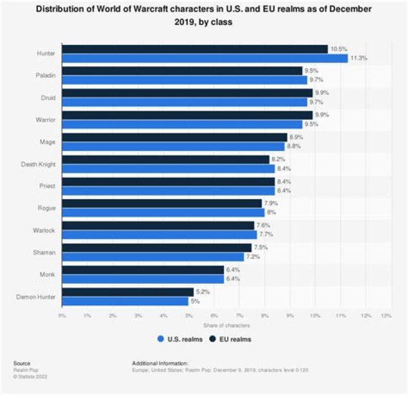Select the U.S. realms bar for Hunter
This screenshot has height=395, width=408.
(x=204, y=58)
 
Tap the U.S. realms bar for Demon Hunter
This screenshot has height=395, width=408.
(x=125, y=301)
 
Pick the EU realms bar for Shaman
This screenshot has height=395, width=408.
(x=156, y=248)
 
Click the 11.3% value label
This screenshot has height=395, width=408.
(x=358, y=58)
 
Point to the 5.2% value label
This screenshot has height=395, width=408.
(x=202, y=292)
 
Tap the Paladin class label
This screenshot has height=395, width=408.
(x=46, y=75)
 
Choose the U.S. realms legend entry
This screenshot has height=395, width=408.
(x=180, y=339)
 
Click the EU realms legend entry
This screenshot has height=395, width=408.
(x=230, y=339)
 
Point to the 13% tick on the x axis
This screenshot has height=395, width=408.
(x=386, y=316)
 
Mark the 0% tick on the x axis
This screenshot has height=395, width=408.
(x=62, y=316)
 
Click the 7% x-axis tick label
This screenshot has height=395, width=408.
(x=239, y=316)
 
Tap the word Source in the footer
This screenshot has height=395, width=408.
(x=22, y=363)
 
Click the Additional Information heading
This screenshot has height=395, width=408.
(x=159, y=363)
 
